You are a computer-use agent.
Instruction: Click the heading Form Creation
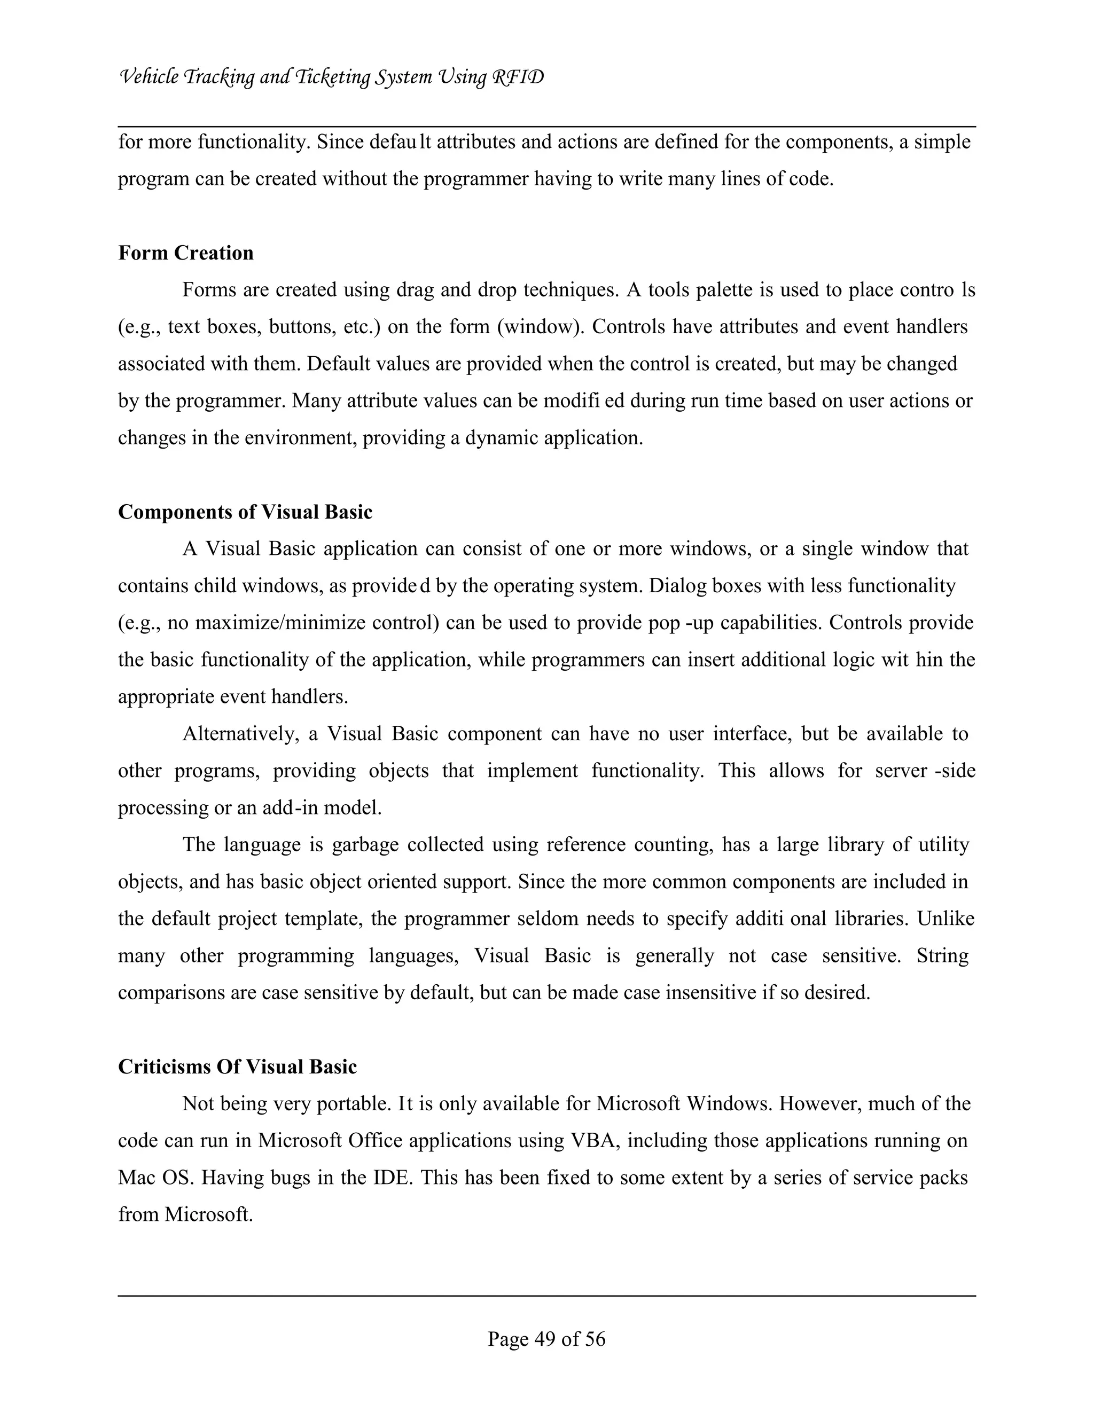point(185,253)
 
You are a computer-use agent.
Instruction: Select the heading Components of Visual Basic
point(245,512)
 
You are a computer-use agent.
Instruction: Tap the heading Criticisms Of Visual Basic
point(237,1067)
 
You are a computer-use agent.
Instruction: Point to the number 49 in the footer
point(545,1339)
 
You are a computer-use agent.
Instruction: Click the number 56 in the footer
point(595,1339)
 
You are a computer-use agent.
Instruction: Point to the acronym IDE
point(393,1178)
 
